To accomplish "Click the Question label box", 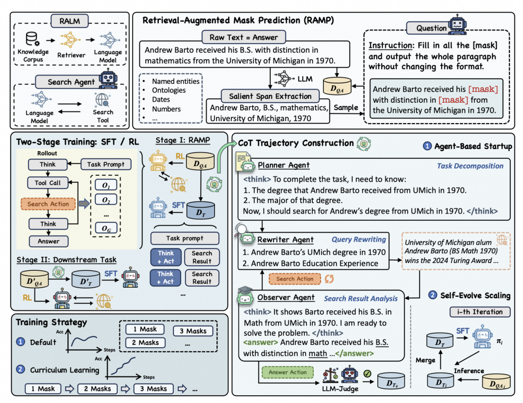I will (x=431, y=28).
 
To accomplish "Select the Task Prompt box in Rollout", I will (x=106, y=164).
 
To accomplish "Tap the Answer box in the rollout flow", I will (x=48, y=241).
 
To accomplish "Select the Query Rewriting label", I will (x=359, y=239).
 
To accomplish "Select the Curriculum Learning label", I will (x=64, y=370).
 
